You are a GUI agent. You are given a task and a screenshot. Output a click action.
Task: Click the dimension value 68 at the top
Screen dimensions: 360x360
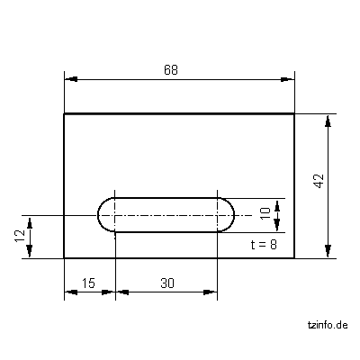[170, 70]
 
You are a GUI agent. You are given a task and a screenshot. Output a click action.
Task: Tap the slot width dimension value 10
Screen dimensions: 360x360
[265, 212]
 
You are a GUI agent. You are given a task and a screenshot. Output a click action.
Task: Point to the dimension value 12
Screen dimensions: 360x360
[19, 237]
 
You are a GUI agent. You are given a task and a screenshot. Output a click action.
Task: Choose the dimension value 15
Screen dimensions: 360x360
[88, 283]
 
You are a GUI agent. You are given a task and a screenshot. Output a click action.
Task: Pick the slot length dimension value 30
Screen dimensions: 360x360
[166, 283]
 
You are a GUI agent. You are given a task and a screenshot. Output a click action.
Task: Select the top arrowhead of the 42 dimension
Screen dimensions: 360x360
[328, 119]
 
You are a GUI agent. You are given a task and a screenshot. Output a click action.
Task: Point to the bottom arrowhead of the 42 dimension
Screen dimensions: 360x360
[328, 252]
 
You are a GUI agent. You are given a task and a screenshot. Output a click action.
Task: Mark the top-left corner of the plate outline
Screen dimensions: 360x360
[64, 113]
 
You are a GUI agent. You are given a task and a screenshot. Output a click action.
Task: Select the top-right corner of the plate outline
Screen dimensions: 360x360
[295, 113]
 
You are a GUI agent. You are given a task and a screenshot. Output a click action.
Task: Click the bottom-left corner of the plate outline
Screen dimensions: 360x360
[64, 257]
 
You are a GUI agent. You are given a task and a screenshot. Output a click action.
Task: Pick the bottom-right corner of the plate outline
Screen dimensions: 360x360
[295, 257]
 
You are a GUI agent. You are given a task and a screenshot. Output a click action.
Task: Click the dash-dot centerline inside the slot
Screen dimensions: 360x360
[166, 215]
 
